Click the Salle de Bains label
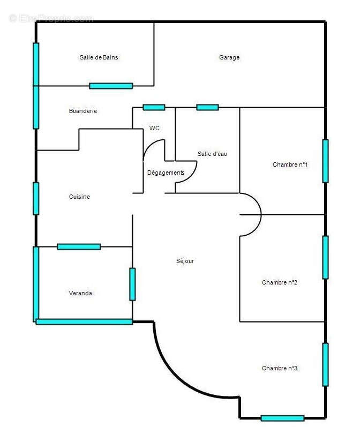click(x=99, y=58)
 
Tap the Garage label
click(x=229, y=58)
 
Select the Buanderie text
click(x=83, y=111)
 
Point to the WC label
click(x=154, y=128)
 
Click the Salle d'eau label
click(x=212, y=154)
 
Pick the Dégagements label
click(x=166, y=173)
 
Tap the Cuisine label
click(x=79, y=197)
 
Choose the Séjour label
click(x=185, y=261)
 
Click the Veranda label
click(x=80, y=294)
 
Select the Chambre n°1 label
click(x=290, y=165)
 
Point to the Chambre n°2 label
click(x=280, y=283)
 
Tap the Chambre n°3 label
click(x=280, y=369)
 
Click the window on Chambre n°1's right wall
click(x=325, y=161)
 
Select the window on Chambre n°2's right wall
click(x=325, y=257)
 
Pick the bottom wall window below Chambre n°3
click(x=282, y=418)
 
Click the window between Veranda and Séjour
click(x=132, y=284)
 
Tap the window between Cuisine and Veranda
click(x=79, y=246)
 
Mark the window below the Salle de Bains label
click(x=111, y=86)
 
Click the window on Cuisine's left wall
click(x=36, y=198)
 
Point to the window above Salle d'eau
click(x=207, y=107)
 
